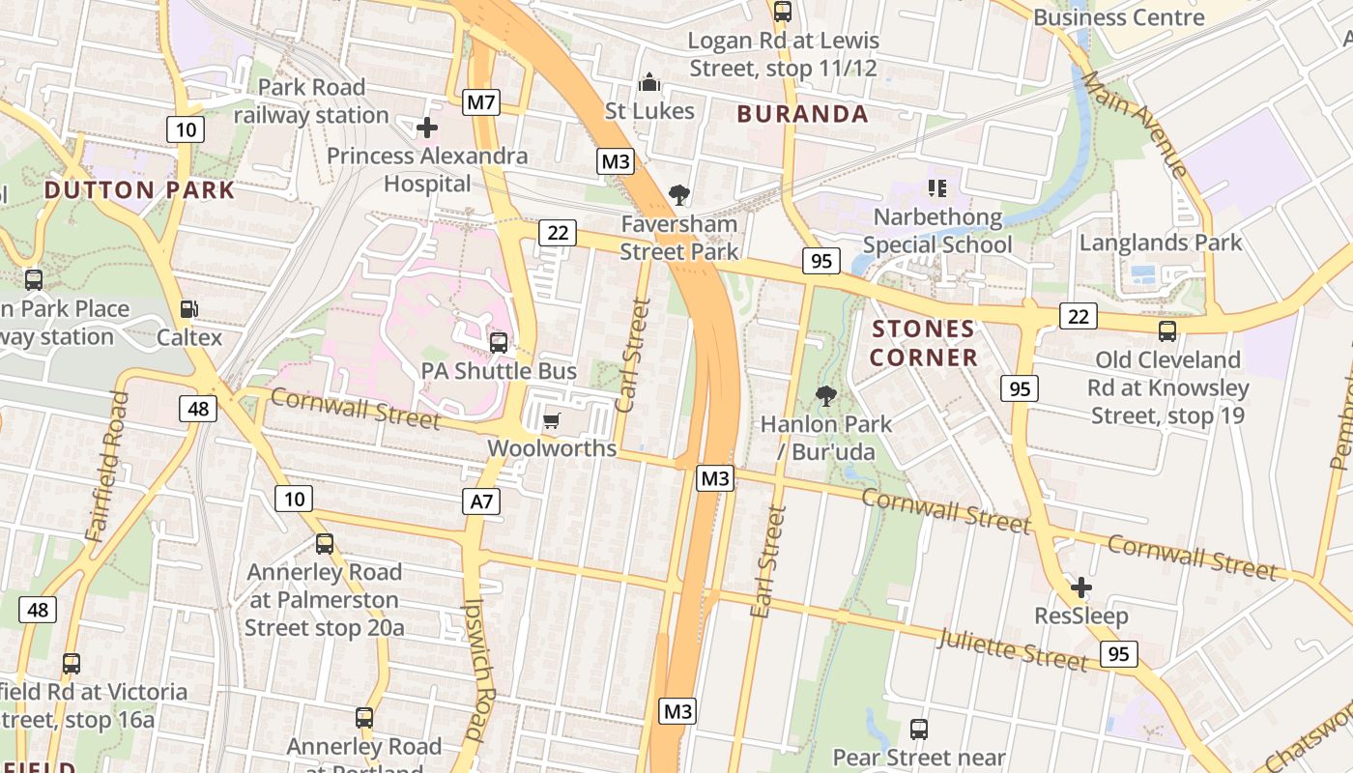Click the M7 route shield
pyautogui.click(x=481, y=101)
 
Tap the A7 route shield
pyautogui.click(x=481, y=501)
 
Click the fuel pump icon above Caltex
pyautogui.click(x=190, y=309)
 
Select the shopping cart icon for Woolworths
pyautogui.click(x=551, y=420)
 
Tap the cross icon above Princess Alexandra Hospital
pyautogui.click(x=426, y=127)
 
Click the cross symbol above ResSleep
pyautogui.click(x=1081, y=587)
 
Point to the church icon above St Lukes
pyautogui.click(x=649, y=81)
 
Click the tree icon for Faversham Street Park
pyautogui.click(x=679, y=195)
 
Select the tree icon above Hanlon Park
pyautogui.click(x=825, y=395)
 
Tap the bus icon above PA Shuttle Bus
pyautogui.click(x=499, y=342)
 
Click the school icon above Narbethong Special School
pyautogui.click(x=936, y=187)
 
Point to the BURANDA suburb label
pyautogui.click(x=802, y=114)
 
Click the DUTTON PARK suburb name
pyautogui.click(x=140, y=189)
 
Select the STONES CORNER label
pyautogui.click(x=923, y=343)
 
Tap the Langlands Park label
pyautogui.click(x=1160, y=243)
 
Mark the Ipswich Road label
pyautogui.click(x=480, y=667)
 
